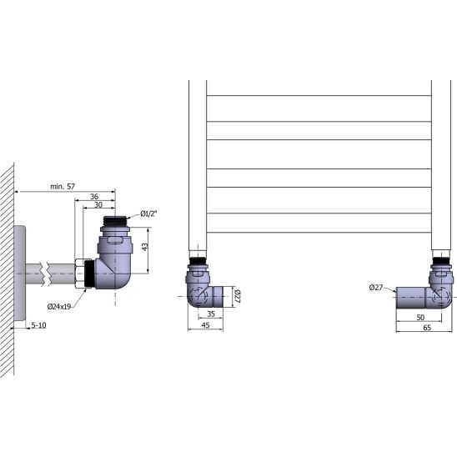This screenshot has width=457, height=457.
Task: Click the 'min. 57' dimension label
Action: [x=63, y=186]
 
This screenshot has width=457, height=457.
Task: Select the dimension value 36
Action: [x=94, y=197]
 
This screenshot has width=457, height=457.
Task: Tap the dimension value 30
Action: [x=98, y=204]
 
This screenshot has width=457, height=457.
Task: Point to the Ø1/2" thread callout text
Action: [x=148, y=213]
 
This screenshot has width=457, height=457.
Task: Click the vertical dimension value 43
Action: [x=145, y=247]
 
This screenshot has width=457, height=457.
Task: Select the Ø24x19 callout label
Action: [x=59, y=306]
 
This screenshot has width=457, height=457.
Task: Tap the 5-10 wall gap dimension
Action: [x=38, y=325]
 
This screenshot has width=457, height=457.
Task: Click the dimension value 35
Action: [x=211, y=314]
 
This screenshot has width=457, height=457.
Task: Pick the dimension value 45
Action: [x=205, y=324]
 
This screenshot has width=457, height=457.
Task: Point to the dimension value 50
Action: [x=420, y=317]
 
